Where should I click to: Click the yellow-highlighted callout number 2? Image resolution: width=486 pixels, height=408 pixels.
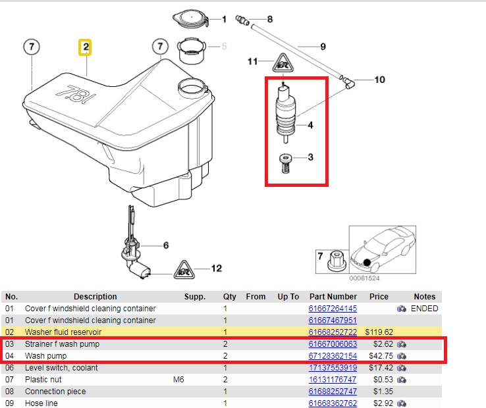coord(85,47)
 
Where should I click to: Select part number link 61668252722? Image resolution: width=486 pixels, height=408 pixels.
coord(333,332)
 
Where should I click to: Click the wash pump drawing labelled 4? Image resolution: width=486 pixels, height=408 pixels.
coord(285,113)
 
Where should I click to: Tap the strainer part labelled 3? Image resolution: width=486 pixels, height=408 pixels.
coord(285,164)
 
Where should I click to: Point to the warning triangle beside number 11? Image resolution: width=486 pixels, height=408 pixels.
coord(283,63)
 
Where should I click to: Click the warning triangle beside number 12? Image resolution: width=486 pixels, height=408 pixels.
coord(184,270)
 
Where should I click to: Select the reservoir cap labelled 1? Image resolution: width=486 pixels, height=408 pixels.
coord(190,18)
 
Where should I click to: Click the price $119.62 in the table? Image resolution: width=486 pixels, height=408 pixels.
coord(379,332)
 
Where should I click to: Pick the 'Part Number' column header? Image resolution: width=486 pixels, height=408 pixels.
coord(333,297)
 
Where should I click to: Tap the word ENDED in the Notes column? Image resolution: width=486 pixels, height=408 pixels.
coord(424,309)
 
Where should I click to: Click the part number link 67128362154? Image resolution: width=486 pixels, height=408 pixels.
coord(333,356)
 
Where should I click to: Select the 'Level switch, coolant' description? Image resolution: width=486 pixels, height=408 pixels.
coord(61,368)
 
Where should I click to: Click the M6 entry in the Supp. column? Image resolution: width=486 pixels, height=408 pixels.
coord(178,380)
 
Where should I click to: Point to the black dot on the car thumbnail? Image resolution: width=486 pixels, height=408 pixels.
coord(367,263)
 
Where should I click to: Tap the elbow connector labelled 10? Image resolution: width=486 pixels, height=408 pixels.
coord(348,82)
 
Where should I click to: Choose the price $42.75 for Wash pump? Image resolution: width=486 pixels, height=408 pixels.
coord(381,356)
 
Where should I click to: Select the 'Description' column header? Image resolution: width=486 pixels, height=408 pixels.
coord(95,297)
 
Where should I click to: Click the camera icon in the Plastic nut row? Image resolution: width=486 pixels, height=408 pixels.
coord(402,380)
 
